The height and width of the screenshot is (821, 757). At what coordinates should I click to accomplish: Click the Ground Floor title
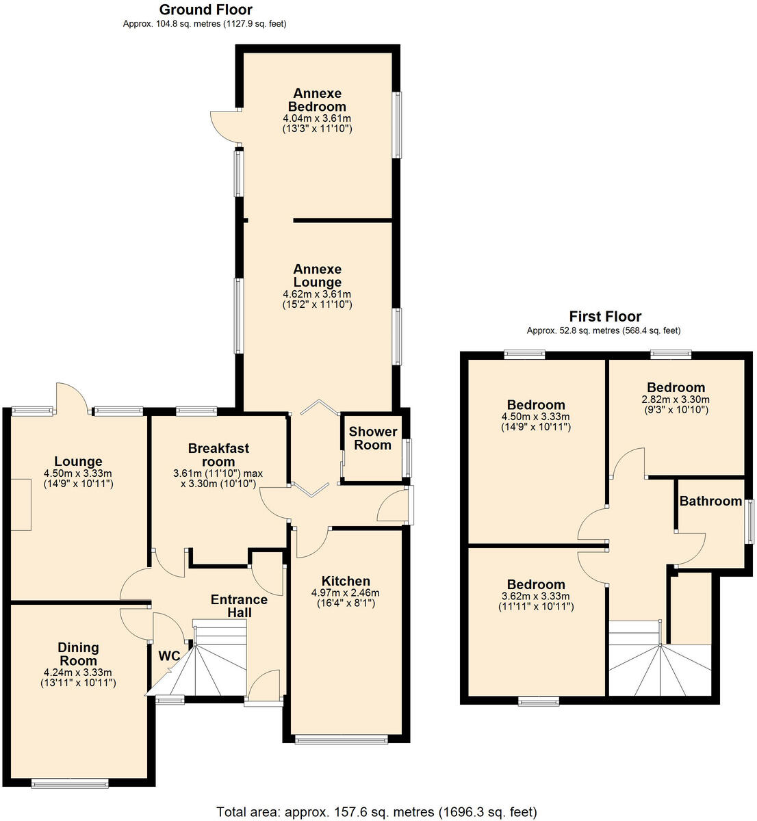[x=205, y=10]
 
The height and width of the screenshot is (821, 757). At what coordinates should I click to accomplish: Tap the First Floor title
[x=605, y=316]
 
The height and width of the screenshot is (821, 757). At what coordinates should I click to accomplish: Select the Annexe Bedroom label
[x=317, y=100]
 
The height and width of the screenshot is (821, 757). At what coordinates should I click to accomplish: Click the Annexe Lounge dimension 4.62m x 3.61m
[x=317, y=294]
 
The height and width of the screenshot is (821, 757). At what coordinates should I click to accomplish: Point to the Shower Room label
[x=372, y=438]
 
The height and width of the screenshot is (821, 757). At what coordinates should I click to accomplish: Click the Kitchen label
[x=346, y=581]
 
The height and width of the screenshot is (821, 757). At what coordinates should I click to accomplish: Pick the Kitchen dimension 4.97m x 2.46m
[x=346, y=592]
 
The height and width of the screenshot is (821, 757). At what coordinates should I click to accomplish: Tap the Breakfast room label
[x=218, y=455]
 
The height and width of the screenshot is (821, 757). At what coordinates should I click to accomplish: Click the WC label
[x=169, y=656]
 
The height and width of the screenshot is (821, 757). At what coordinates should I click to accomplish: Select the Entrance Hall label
[x=239, y=605]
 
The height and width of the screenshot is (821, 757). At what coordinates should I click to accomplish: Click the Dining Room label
[x=78, y=654]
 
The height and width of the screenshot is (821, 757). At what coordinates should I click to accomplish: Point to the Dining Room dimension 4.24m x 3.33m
[x=78, y=672]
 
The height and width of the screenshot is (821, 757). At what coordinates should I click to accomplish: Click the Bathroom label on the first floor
[x=710, y=501]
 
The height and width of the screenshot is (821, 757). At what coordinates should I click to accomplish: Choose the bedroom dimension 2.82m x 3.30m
[x=676, y=400]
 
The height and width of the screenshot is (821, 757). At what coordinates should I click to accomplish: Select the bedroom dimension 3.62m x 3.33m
[x=536, y=596]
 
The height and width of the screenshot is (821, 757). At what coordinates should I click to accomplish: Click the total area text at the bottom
[x=376, y=812]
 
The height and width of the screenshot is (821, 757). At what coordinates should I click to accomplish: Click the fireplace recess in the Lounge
[x=21, y=504]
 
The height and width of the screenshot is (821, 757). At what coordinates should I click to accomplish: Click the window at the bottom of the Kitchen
[x=340, y=739]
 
